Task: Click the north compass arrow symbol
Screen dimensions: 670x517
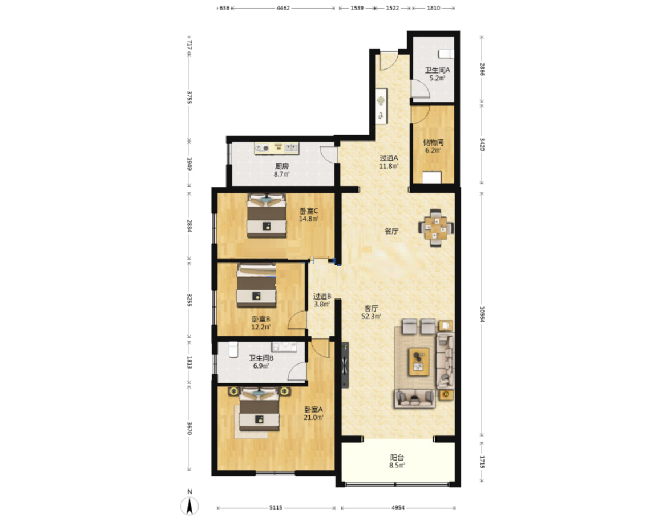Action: pyautogui.click(x=189, y=506)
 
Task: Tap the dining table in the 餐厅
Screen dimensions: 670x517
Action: pyautogui.click(x=436, y=227)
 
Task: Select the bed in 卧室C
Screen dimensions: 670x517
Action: pyautogui.click(x=267, y=216)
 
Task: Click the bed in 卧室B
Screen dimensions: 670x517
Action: pyautogui.click(x=256, y=285)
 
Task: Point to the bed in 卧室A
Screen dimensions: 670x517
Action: pyautogui.click(x=259, y=409)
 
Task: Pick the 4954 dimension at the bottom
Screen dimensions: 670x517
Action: pyautogui.click(x=398, y=508)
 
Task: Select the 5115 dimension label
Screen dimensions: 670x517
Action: pyautogui.click(x=276, y=508)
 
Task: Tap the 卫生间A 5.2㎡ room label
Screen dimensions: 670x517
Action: pyautogui.click(x=437, y=74)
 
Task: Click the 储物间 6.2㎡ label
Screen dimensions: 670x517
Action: pyautogui.click(x=433, y=146)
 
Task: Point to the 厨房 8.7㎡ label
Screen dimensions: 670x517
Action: pyautogui.click(x=281, y=170)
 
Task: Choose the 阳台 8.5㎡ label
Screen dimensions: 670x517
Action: pyautogui.click(x=397, y=461)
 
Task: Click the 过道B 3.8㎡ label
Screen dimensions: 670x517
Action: pyautogui.click(x=322, y=300)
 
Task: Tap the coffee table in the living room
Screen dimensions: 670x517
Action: pyautogui.click(x=419, y=362)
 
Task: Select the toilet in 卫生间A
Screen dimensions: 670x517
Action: pyautogui.click(x=446, y=54)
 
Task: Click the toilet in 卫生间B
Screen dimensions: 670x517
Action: pyautogui.click(x=233, y=350)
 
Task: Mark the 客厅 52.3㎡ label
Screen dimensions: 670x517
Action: pyautogui.click(x=371, y=312)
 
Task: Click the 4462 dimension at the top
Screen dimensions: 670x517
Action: pyautogui.click(x=283, y=7)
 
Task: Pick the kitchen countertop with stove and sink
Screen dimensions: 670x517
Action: pyautogui.click(x=276, y=148)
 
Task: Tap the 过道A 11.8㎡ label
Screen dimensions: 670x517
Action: pyautogui.click(x=389, y=162)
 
